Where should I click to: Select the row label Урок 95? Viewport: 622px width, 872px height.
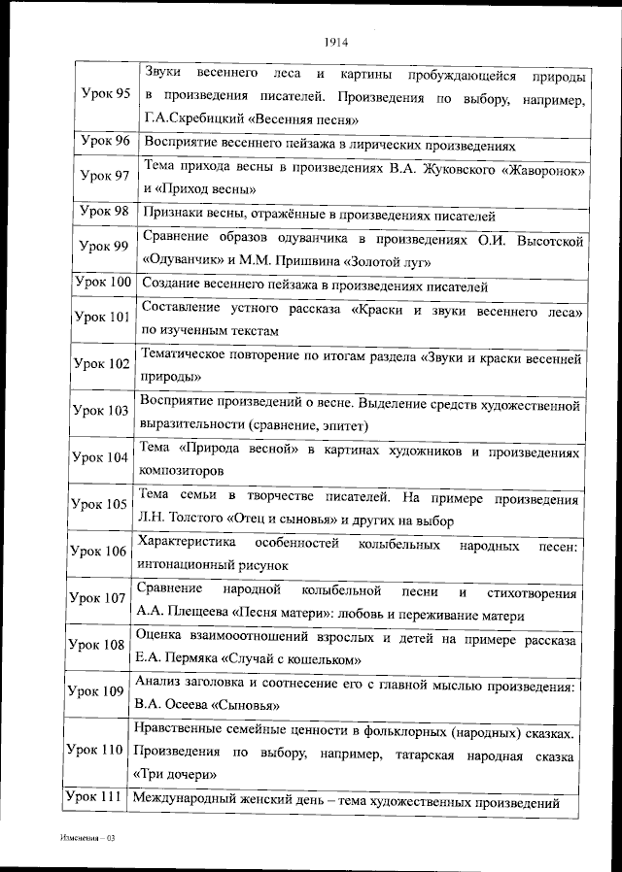point(104,94)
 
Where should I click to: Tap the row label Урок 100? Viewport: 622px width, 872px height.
point(102,283)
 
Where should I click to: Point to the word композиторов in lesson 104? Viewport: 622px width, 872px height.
point(185,470)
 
